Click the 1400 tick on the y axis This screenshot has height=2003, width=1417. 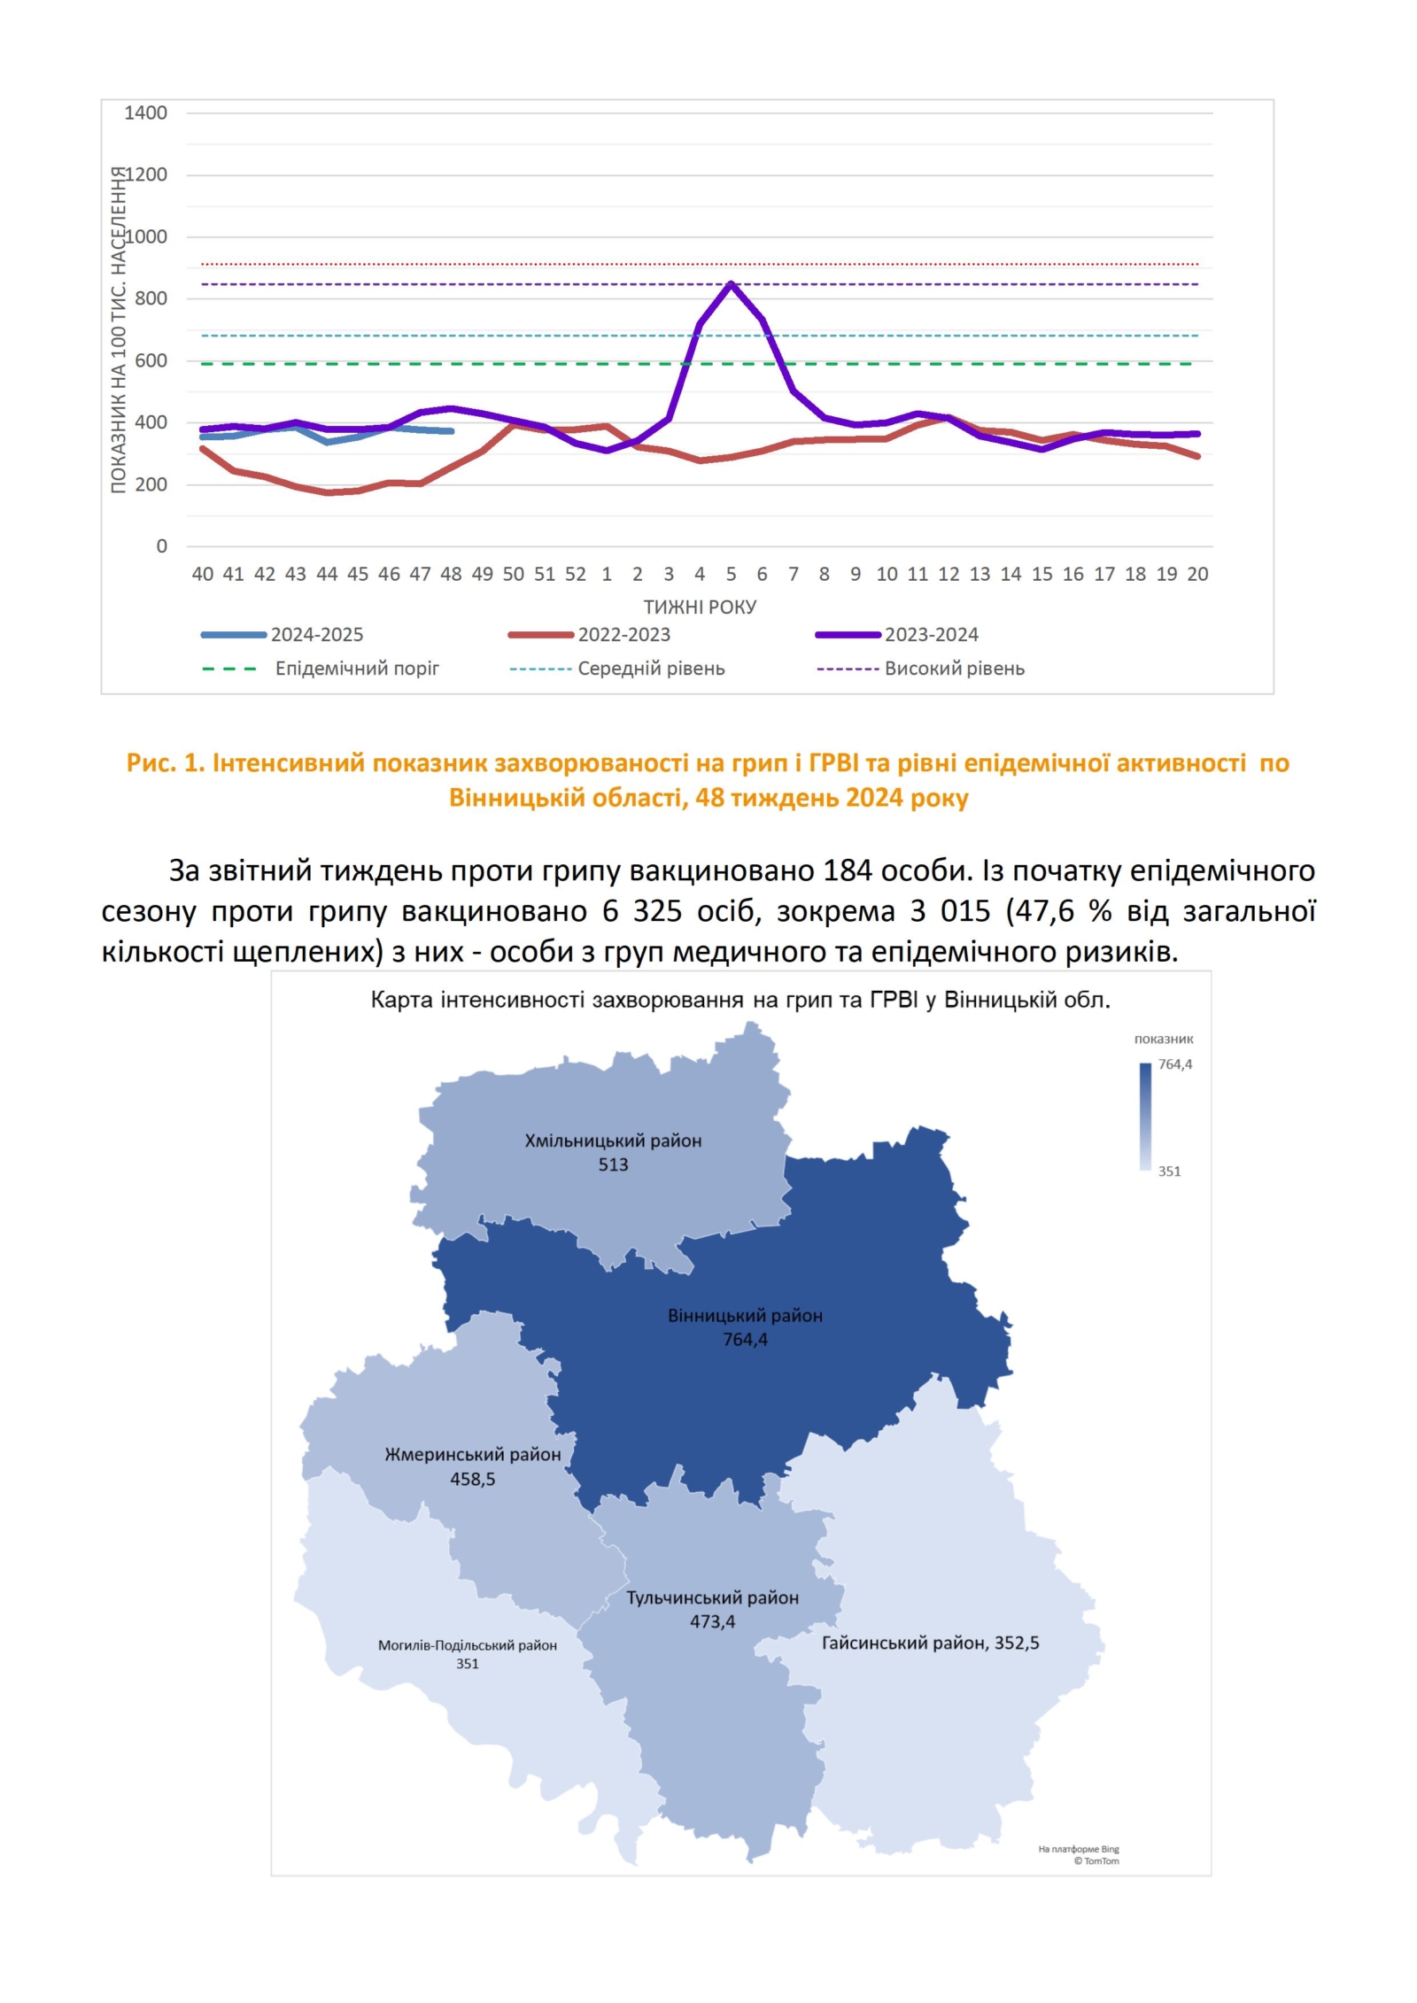coord(145,113)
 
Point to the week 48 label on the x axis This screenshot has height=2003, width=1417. coord(451,574)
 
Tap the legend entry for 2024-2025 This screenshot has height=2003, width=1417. coord(316,635)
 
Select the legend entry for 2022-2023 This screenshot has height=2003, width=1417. coord(623,635)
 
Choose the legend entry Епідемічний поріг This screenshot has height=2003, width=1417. coord(356,669)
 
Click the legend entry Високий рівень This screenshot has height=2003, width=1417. coord(954,669)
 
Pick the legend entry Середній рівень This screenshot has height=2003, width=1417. coord(651,669)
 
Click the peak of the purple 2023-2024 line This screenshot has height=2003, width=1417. coord(731,283)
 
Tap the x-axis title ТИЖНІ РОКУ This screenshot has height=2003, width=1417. coord(700,607)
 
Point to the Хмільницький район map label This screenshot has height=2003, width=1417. coord(613,1141)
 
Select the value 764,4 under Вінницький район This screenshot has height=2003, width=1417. coord(745,1340)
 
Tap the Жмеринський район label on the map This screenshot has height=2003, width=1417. coord(472,1454)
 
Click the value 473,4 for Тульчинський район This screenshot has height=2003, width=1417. coord(712,1621)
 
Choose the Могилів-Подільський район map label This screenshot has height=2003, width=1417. coord(467,1645)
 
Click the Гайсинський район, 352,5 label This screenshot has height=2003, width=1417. coord(930,1643)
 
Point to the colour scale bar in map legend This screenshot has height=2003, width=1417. coord(1145,1117)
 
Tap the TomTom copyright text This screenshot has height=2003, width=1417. coord(1096,1860)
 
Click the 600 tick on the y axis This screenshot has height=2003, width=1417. coord(151,360)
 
